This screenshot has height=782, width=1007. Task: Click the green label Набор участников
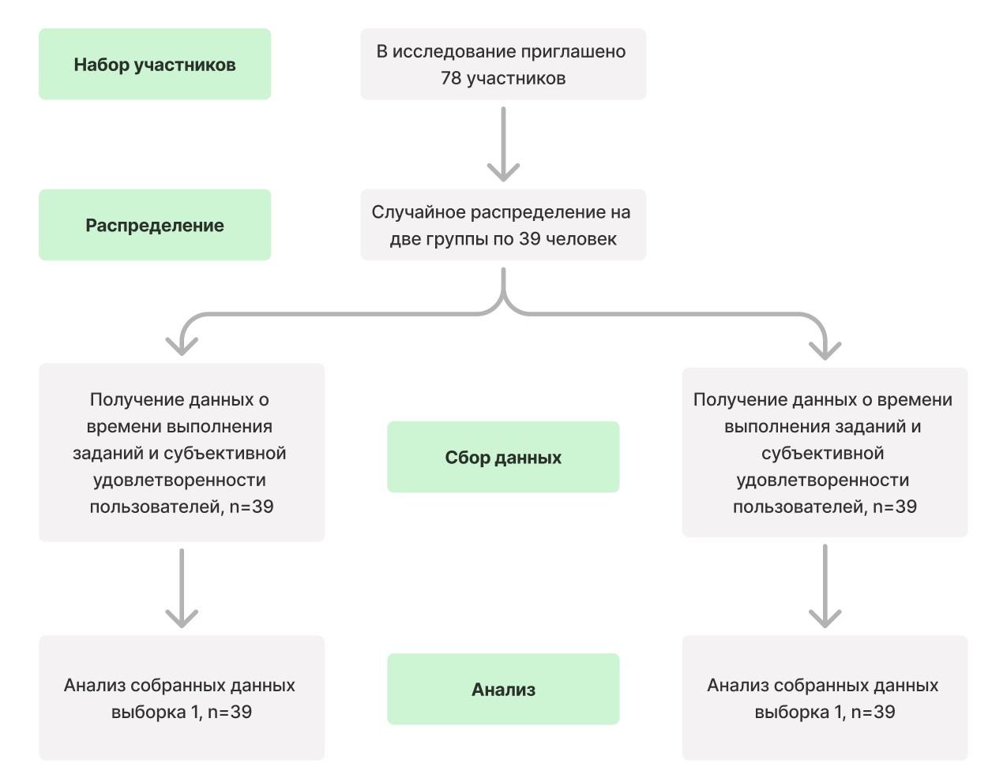155,65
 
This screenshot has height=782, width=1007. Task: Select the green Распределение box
155,226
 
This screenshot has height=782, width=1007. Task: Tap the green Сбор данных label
503,458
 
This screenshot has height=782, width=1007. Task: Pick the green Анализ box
503,690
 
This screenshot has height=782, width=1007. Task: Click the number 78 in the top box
451,78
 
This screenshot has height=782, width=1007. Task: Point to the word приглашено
579,51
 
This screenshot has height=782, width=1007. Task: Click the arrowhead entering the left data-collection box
182,345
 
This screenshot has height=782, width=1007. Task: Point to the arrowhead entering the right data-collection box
825,348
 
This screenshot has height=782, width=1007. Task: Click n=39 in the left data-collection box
251,507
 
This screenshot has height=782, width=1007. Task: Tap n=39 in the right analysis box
873,712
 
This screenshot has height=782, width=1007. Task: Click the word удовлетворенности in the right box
821,480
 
